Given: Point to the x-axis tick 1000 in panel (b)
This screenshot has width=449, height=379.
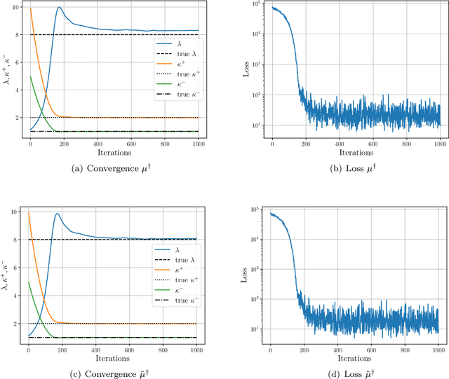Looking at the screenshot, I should coord(440,143).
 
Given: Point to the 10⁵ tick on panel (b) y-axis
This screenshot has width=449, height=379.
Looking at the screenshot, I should coord(256,4).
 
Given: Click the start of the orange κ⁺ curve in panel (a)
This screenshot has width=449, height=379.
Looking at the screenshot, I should coord(30,8).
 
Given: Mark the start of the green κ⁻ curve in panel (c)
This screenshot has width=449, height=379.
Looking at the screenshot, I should coord(29,282).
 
